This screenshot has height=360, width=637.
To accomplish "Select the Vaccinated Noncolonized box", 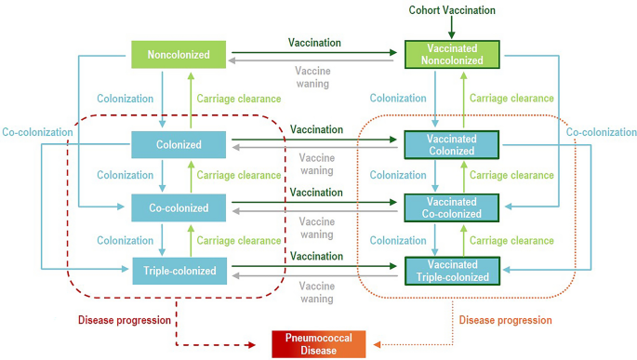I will tap(452, 54).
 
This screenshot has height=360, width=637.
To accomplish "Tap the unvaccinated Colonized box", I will tap(179, 144).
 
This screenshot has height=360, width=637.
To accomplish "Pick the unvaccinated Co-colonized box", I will tap(179, 207).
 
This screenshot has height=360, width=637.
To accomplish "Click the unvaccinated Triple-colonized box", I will tap(179, 271).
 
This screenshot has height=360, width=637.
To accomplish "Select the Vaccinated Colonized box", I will tap(452, 144).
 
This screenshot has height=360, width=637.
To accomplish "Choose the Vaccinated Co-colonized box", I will tap(452, 207).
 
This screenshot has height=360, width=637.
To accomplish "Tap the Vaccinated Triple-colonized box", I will tap(452, 270).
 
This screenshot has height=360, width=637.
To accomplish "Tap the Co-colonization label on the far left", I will tap(36, 132).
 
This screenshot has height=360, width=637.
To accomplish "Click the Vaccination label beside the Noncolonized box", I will tap(315, 43).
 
